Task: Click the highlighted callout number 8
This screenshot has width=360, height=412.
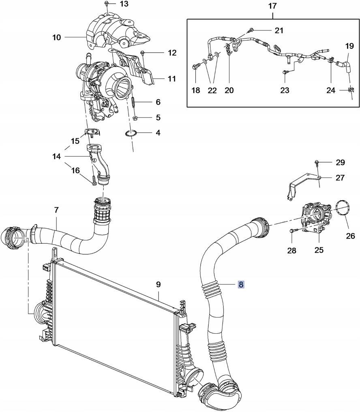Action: [x=241, y=285]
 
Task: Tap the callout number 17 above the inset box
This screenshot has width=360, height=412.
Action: [x=272, y=6]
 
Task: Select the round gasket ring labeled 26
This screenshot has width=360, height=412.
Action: [x=344, y=210]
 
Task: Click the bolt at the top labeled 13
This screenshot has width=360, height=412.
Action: [x=106, y=3]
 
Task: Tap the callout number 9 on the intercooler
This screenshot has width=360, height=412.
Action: [x=159, y=285]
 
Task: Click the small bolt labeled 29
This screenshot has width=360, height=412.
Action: [x=317, y=163]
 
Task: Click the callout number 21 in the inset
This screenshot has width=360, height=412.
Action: [x=279, y=30]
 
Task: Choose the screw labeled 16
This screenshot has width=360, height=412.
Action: [x=94, y=180]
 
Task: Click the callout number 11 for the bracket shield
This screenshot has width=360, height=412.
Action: [x=171, y=79]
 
